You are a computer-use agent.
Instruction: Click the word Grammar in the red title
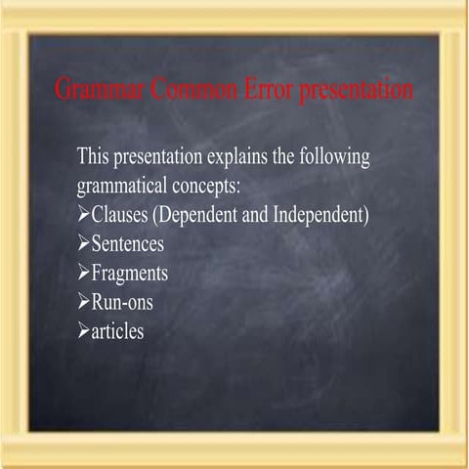point(94,91)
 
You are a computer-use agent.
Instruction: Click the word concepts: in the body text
point(208,186)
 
